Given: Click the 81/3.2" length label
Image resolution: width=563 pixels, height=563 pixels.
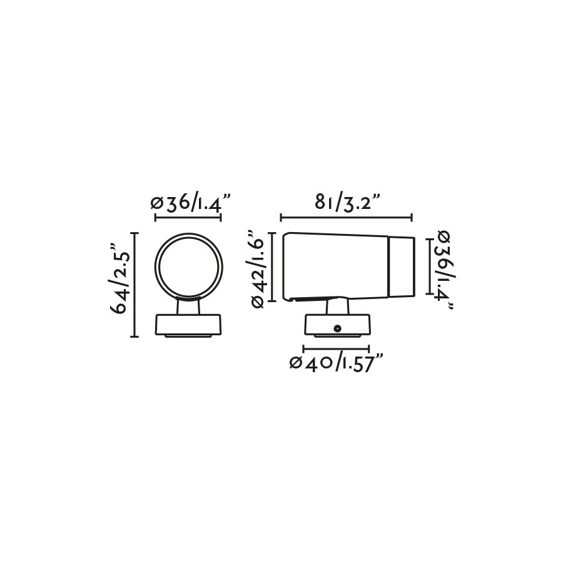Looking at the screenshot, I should (346, 203).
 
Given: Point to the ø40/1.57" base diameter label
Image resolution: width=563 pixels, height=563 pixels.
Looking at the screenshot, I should (335, 363).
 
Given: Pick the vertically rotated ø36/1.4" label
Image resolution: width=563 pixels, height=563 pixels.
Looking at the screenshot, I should (445, 269).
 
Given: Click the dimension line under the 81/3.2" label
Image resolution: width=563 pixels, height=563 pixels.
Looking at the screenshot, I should (346, 218).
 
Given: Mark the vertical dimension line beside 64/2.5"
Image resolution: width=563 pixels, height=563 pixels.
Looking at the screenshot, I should (134, 283).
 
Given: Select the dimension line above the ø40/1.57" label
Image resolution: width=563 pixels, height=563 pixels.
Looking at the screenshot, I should (335, 348).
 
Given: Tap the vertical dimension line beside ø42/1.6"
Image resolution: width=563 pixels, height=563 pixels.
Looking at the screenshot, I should (272, 267).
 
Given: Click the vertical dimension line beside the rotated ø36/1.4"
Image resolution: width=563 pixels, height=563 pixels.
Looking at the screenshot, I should (429, 265).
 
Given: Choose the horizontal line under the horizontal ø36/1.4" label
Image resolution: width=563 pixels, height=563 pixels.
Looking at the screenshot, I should (188, 218).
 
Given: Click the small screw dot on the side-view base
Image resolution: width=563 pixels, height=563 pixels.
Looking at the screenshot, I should (337, 327).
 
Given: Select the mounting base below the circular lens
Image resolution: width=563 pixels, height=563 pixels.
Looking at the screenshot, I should (188, 325).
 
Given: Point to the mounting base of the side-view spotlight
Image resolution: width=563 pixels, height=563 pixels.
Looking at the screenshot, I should (337, 325).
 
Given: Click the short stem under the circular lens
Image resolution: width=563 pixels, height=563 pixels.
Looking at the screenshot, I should (188, 307).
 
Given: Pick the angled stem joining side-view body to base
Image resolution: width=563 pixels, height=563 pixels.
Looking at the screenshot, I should (338, 306).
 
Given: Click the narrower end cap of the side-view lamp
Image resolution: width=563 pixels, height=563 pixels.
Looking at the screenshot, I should (402, 266).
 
